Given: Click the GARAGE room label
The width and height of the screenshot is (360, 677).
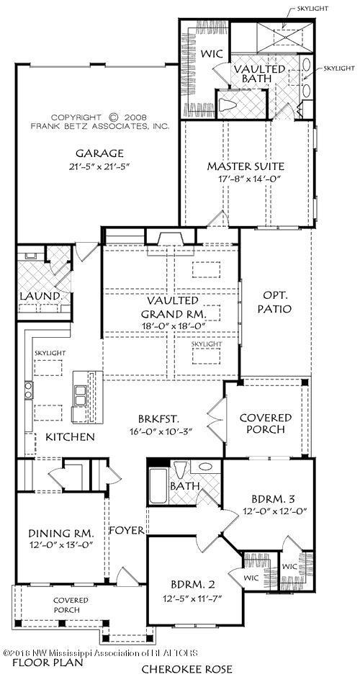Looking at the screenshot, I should click(99, 153).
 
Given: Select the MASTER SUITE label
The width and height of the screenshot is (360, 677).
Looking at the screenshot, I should click(246, 166).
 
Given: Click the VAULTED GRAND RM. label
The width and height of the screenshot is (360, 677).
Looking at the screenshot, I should click(171, 308).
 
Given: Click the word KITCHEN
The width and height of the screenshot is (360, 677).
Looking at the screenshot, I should click(70, 437).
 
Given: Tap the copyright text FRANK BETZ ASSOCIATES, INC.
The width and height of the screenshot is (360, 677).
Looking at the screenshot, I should click(99, 125).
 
